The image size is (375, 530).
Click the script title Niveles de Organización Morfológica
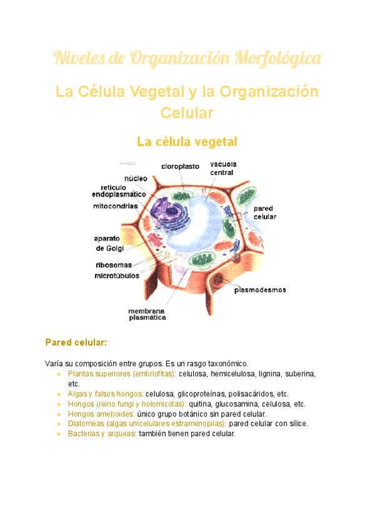coord(187,59)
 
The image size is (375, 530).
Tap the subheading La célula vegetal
coord(187,142)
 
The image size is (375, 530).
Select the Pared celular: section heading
coord(76,342)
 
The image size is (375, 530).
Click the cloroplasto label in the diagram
coord(180,166)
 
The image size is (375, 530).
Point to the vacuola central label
coord(222,168)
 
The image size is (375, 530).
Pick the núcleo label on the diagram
coord(136,178)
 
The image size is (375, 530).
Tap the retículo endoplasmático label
coord(119,191)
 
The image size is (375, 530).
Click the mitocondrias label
coord(116,205)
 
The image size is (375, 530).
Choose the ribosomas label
coord(114,264)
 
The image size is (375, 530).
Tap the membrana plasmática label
coord(147,314)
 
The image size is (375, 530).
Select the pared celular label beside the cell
coord(264,212)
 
